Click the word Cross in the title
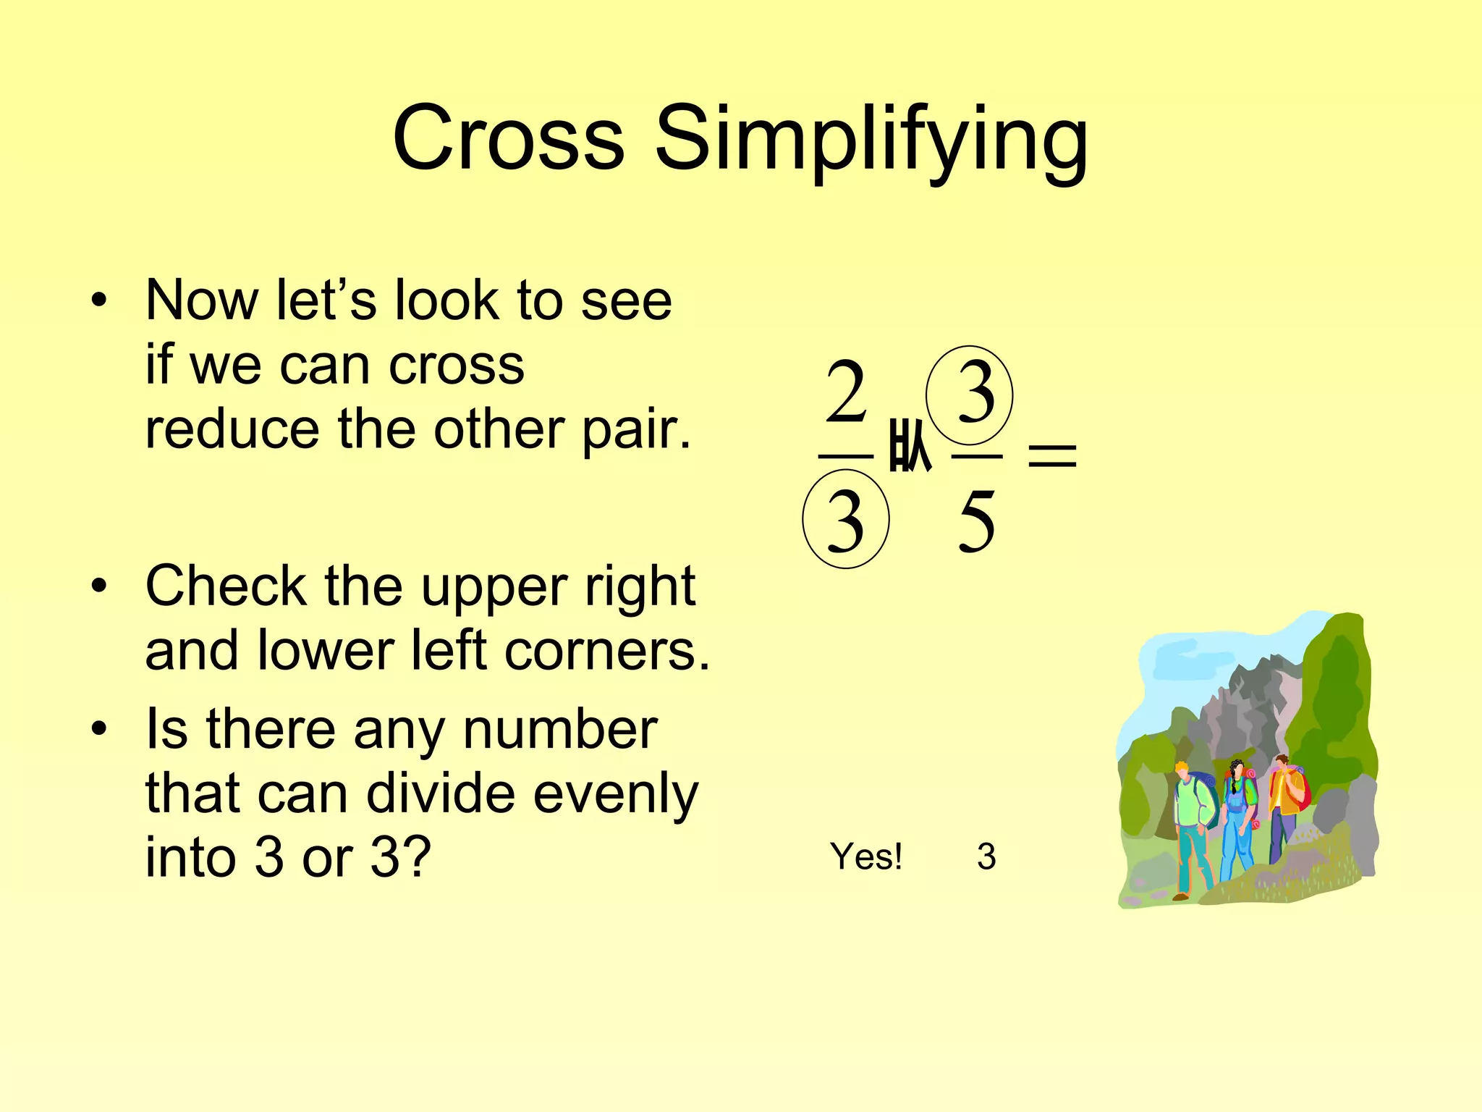click(508, 138)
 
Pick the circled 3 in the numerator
click(970, 395)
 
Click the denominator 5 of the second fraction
click(976, 521)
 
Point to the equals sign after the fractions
click(1052, 456)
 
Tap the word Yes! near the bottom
click(866, 856)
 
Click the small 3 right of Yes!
click(986, 856)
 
